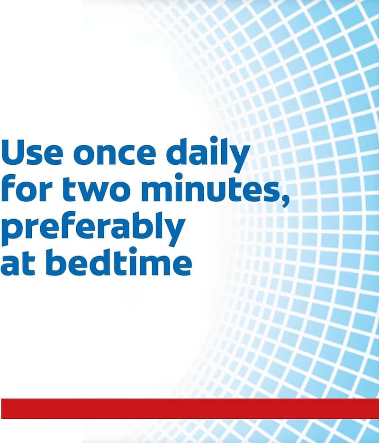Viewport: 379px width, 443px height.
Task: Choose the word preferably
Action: [x=92, y=228]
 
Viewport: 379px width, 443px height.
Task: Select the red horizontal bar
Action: [x=189, y=408]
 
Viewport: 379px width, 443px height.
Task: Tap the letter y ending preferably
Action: [x=173, y=233]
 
